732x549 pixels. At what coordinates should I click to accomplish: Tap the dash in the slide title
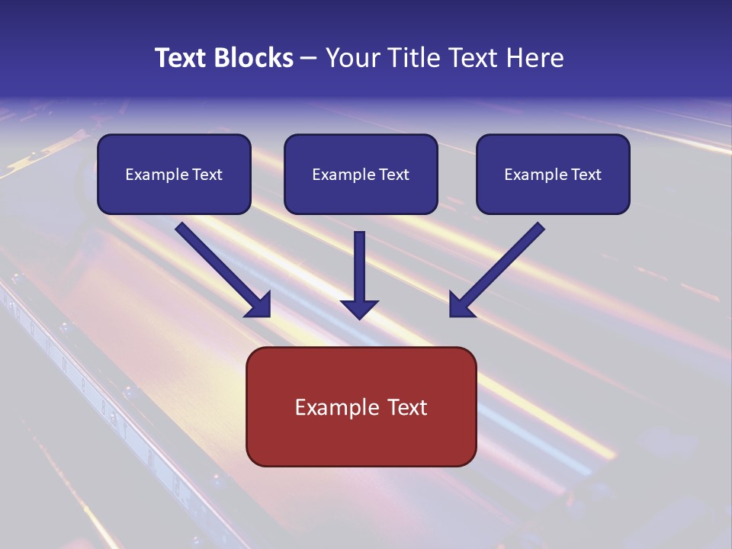(x=308, y=58)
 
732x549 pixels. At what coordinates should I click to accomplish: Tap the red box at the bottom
(x=361, y=442)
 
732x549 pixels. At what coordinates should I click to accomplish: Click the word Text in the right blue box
(x=586, y=175)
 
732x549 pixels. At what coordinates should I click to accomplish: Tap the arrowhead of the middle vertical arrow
(x=359, y=309)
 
